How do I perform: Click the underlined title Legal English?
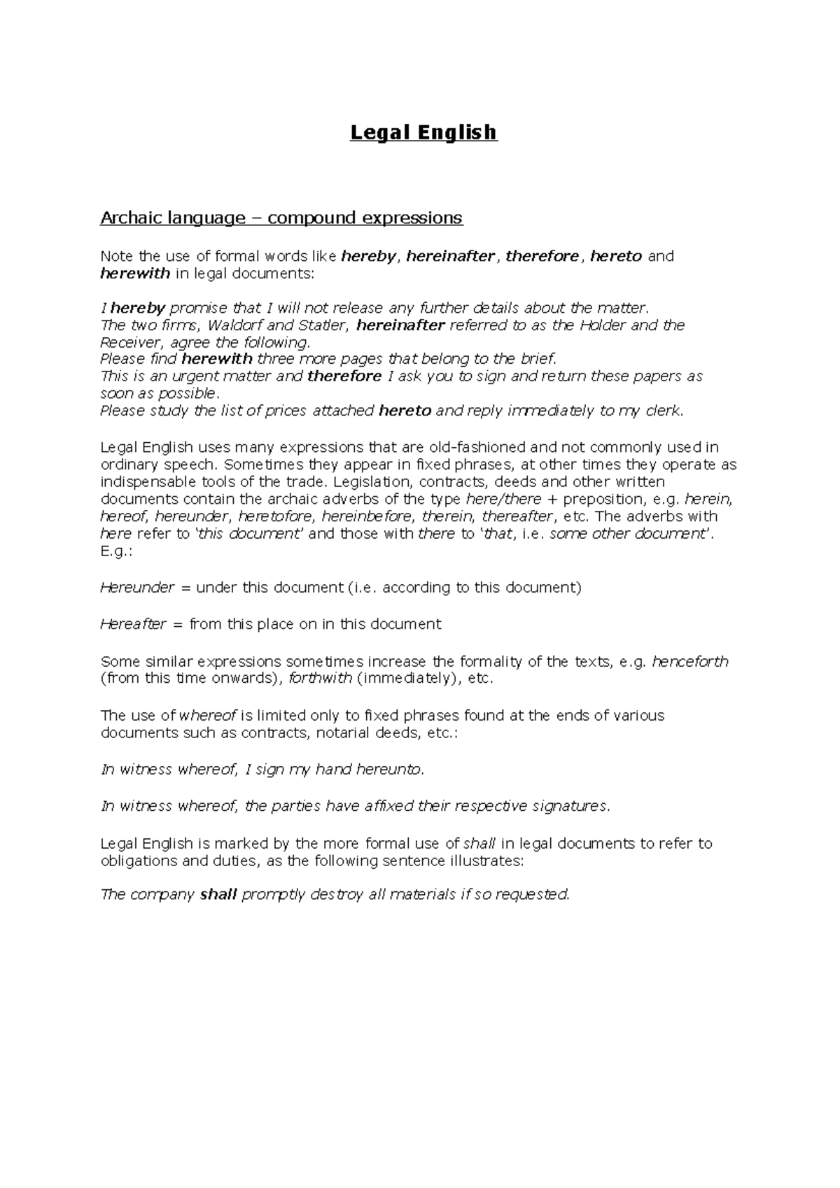click(x=423, y=132)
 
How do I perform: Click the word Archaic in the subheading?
click(x=129, y=218)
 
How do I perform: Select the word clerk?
click(x=661, y=411)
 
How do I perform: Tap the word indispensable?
click(x=148, y=482)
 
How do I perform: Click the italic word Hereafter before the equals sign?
click(x=133, y=624)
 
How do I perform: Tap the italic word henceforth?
click(x=690, y=661)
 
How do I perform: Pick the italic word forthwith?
click(x=320, y=679)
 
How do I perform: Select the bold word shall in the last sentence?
click(x=218, y=894)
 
